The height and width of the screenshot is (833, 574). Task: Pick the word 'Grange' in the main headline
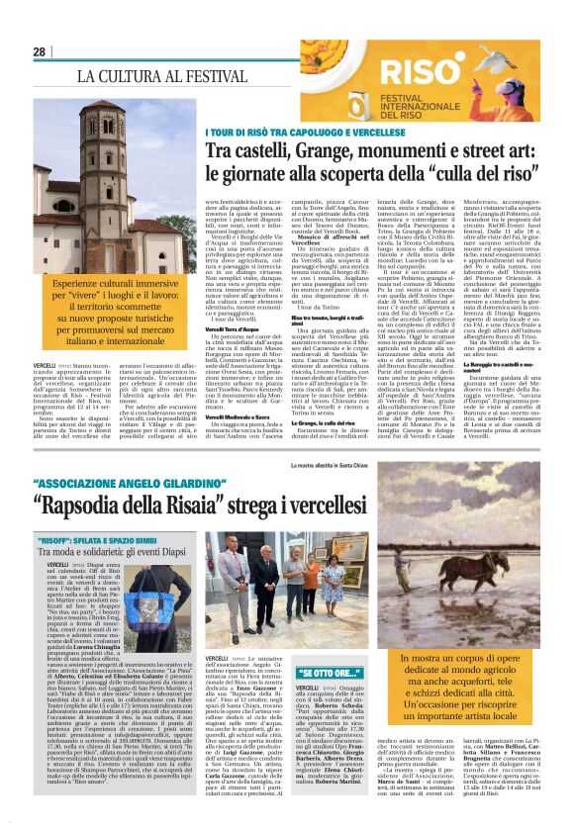point(343,149)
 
